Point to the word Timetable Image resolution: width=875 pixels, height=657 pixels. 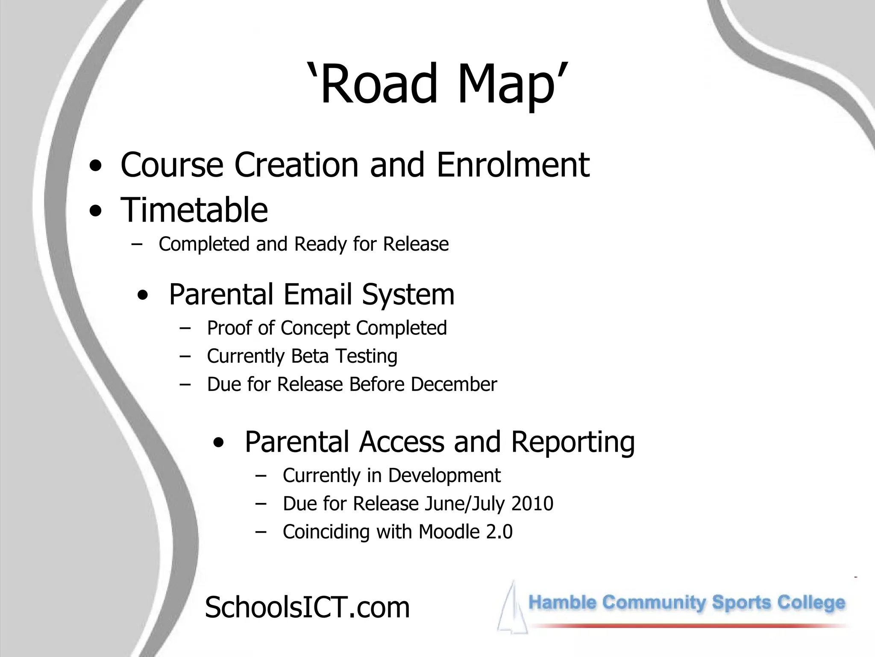194,210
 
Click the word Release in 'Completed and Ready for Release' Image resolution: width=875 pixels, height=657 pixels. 416,244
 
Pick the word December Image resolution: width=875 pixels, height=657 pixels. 454,384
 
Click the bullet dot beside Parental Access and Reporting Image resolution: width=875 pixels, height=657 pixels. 218,443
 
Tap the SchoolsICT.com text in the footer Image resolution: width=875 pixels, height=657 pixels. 307,607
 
